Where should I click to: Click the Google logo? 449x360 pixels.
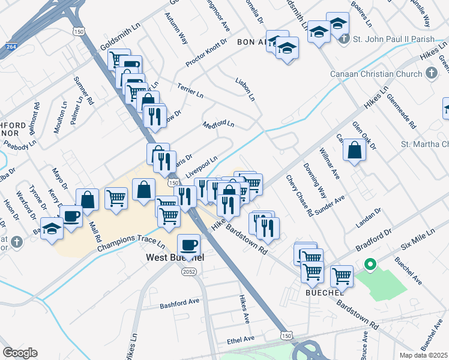tap(20, 353)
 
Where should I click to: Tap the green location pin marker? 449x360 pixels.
tap(370, 265)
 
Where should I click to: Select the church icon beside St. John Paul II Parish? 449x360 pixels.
tap(344, 40)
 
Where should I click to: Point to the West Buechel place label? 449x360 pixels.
tap(175, 257)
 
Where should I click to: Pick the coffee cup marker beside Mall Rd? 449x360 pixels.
tap(71, 216)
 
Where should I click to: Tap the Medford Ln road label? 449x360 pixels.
tap(218, 125)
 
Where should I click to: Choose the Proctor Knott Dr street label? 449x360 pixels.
tap(206, 52)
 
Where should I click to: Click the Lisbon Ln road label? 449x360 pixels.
tap(245, 89)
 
